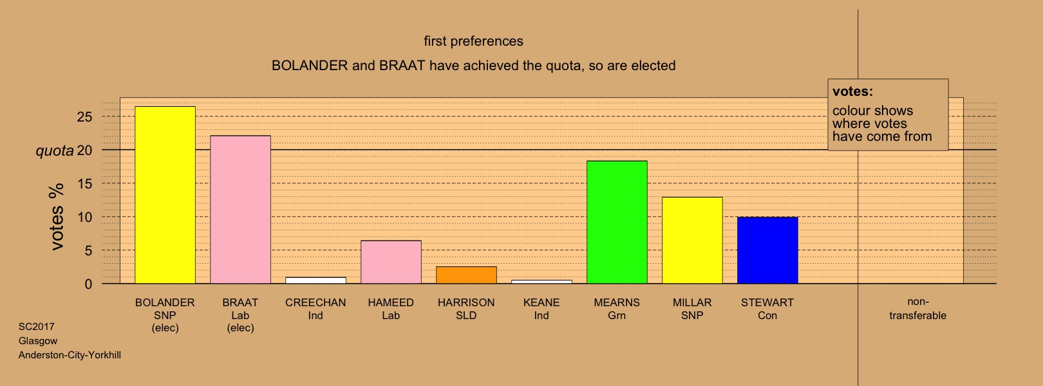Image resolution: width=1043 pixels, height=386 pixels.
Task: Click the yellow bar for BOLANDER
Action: coord(165,195)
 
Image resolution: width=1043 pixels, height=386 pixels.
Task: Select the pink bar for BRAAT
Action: coord(240,210)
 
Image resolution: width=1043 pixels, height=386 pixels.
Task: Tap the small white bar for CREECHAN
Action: coord(315,280)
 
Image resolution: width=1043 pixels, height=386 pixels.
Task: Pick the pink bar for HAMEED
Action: coord(391,262)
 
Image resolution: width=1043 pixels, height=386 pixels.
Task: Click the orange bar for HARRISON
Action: coord(466,275)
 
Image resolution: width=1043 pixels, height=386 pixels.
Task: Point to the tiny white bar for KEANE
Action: coord(541,282)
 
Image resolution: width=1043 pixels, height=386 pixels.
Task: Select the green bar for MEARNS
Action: coord(617,223)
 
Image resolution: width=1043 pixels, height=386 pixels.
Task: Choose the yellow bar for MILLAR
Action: coord(692,241)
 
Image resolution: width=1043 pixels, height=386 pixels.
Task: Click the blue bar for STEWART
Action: coord(768,250)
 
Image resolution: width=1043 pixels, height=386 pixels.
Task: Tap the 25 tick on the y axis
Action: coord(85,116)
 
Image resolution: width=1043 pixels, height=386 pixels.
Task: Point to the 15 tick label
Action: coord(85,184)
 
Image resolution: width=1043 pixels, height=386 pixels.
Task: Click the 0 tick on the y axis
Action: coord(88,284)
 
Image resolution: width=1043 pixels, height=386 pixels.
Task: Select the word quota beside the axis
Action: coord(55,151)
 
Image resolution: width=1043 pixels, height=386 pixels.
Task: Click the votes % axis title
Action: coord(57,217)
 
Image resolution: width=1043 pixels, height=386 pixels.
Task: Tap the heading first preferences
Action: coord(474,41)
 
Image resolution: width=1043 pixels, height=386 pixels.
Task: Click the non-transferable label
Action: coord(917,308)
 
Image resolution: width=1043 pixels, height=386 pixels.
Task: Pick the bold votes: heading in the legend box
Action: coord(852,91)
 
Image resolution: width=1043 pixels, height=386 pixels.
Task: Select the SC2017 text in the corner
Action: coord(36,326)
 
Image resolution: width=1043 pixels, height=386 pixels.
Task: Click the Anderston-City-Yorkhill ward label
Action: coord(70,355)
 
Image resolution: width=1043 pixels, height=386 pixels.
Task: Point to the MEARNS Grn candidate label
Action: coord(617,309)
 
